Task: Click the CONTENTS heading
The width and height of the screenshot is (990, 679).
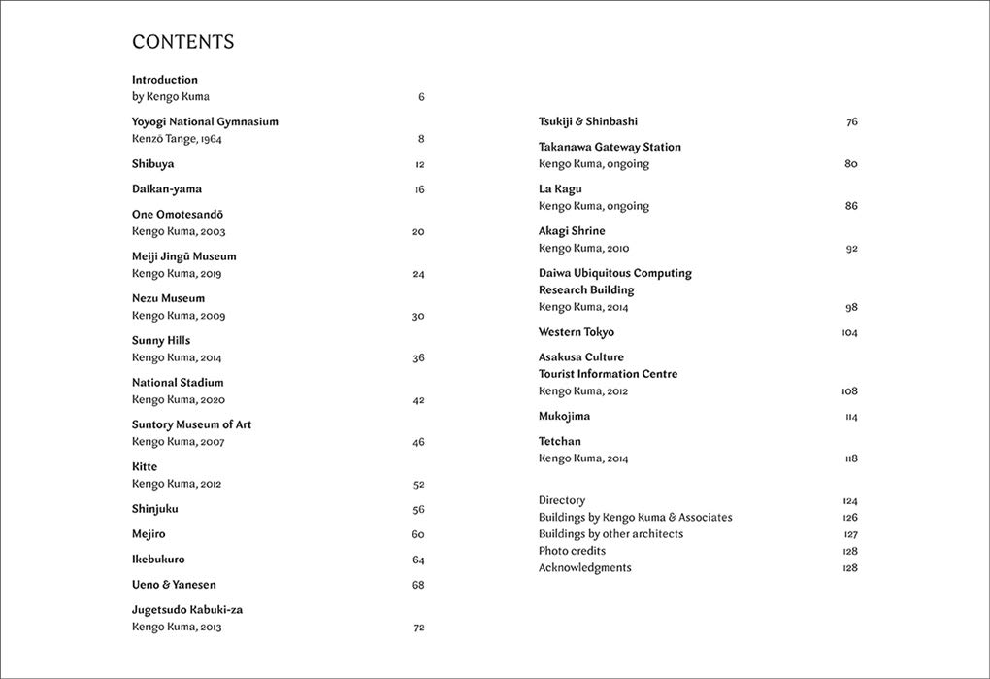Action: pos(182,42)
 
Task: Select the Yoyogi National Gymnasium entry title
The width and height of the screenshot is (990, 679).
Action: pos(205,121)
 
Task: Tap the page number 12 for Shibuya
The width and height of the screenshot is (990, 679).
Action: pos(419,164)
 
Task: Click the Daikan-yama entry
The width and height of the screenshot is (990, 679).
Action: pos(167,189)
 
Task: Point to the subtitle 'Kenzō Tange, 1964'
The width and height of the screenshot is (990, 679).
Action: pos(177,139)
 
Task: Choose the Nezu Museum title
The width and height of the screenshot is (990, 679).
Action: pos(168,298)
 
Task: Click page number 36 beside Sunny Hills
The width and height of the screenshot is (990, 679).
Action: pos(418,358)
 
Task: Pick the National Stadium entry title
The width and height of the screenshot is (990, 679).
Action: pos(178,383)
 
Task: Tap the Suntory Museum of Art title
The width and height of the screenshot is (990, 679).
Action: pos(191,424)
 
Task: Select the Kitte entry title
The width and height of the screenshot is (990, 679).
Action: pos(145,467)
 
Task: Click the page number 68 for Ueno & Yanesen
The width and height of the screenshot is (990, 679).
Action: pos(418,585)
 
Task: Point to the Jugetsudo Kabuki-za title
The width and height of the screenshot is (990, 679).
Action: pos(187,610)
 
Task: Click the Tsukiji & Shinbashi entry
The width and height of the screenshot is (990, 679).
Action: pos(588,121)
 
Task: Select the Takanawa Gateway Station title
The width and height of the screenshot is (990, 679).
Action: pos(610,147)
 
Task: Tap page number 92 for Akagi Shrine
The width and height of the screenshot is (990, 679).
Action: pos(851,249)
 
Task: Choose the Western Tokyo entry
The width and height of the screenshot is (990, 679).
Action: pos(577,332)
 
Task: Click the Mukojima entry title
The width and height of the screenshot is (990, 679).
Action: pos(564,416)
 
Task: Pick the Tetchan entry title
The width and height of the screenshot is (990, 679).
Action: pos(560,441)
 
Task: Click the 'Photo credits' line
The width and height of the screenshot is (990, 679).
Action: pos(572,551)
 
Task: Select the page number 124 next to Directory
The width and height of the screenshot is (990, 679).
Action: pos(850,501)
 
